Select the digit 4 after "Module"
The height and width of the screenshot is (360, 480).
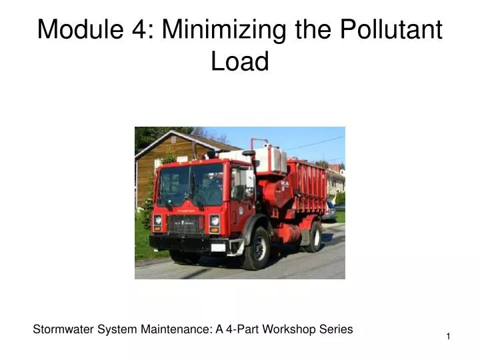tap(141, 30)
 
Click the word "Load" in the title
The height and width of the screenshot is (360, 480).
tap(240, 62)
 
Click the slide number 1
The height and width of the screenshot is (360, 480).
tap(448, 337)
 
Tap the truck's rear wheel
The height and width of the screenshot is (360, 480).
tap(313, 237)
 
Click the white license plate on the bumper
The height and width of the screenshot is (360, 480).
tap(218, 247)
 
